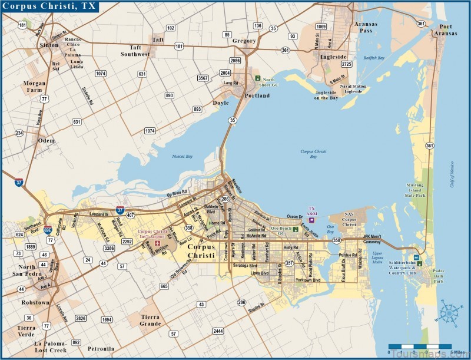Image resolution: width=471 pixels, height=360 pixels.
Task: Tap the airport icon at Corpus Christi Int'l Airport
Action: [157, 243]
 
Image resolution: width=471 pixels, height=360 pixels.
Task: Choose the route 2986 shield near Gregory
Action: [235, 61]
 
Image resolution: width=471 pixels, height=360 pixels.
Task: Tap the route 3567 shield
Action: [203, 78]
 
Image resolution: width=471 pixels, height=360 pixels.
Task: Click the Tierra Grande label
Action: [150, 320]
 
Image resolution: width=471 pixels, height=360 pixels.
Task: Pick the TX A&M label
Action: [313, 212]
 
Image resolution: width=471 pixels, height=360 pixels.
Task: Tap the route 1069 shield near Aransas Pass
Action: [321, 27]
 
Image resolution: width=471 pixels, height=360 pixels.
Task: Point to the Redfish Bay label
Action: [373, 58]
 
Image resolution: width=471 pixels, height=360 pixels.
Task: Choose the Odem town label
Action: [46, 140]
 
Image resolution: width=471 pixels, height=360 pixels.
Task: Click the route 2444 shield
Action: [218, 331]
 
